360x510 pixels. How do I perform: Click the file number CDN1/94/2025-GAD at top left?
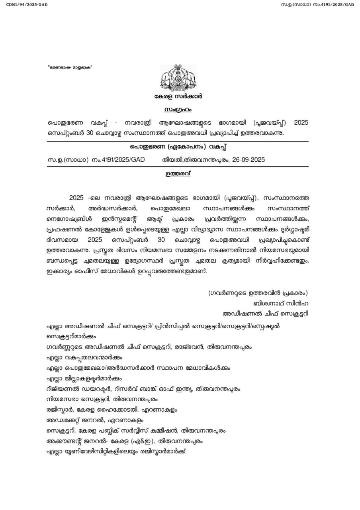(x=24, y=4)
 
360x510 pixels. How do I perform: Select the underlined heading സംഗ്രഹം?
(x=178, y=109)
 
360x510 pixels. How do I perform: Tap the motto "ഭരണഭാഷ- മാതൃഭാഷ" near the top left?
(x=70, y=67)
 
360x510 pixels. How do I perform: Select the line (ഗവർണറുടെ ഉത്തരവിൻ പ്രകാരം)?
(x=258, y=293)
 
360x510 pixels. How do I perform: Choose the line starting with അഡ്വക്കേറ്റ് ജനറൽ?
(x=95, y=420)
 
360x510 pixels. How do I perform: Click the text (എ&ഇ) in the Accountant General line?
(x=143, y=441)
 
